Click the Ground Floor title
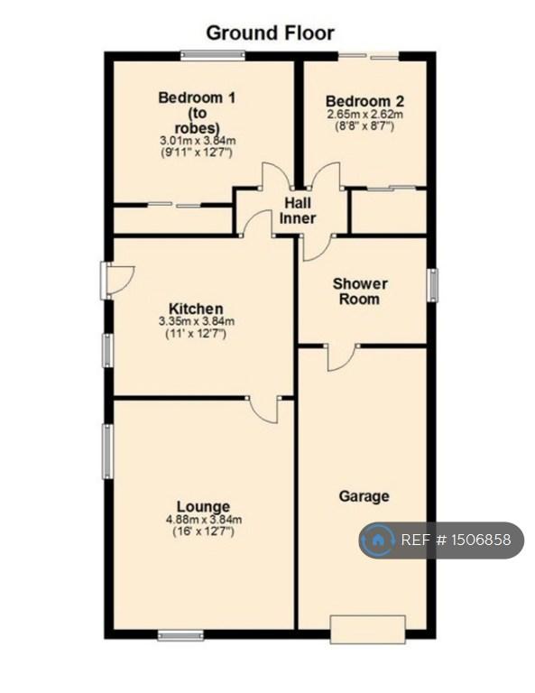[x=270, y=33]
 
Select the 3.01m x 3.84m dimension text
[x=198, y=141]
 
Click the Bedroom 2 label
[x=364, y=101]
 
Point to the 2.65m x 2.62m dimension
[x=364, y=115]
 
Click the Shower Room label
[x=360, y=291]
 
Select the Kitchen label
[x=196, y=308]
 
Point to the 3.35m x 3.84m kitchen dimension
[x=197, y=321]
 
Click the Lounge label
[x=203, y=506]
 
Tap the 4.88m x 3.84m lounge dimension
[x=204, y=520]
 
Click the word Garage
[x=364, y=496]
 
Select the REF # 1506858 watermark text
[x=456, y=540]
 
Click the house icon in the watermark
[x=377, y=540]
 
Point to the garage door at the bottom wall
[x=367, y=629]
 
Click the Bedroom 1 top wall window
[x=213, y=55]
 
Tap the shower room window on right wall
[x=433, y=285]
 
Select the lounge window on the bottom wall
[x=181, y=635]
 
